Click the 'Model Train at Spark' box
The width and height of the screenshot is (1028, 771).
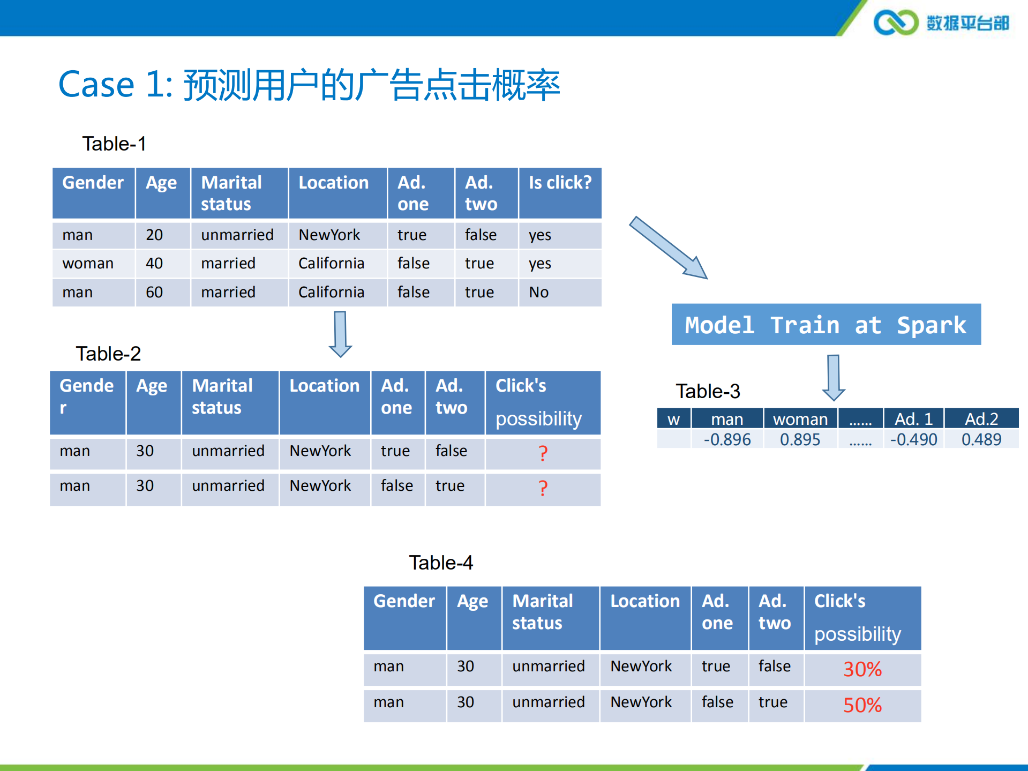pyautogui.click(x=826, y=325)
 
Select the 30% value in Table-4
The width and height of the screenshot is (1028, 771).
pyautogui.click(x=862, y=669)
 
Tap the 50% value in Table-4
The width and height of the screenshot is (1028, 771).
pyautogui.click(x=862, y=705)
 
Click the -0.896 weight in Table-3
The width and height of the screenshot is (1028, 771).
pyautogui.click(x=727, y=439)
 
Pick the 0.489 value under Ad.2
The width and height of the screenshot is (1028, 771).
pyautogui.click(x=981, y=439)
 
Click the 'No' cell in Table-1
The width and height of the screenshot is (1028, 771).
pyautogui.click(x=539, y=292)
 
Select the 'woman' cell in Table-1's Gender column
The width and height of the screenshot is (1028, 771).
pyautogui.click(x=88, y=263)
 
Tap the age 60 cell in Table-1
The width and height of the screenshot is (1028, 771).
pyautogui.click(x=154, y=292)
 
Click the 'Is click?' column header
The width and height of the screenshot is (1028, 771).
pyautogui.click(x=560, y=183)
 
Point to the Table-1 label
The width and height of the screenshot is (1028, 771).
pyautogui.click(x=114, y=144)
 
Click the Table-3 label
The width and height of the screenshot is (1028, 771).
pyautogui.click(x=708, y=391)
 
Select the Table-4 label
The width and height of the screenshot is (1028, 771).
pyautogui.click(x=441, y=563)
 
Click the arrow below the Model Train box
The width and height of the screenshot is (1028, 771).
pyautogui.click(x=834, y=377)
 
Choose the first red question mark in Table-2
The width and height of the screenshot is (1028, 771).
pyautogui.click(x=543, y=453)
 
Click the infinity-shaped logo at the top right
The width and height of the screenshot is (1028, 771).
pyautogui.click(x=896, y=23)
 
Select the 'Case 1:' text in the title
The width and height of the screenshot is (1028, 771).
pyautogui.click(x=115, y=85)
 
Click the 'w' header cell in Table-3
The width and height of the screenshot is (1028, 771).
pyautogui.click(x=673, y=419)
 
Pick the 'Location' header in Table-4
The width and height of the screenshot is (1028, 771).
pyautogui.click(x=645, y=601)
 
